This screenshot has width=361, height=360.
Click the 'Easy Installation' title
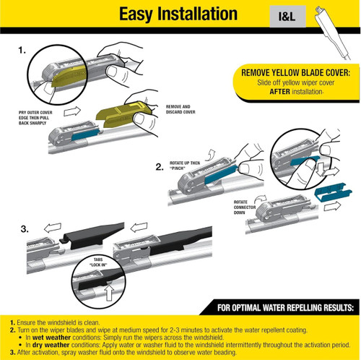(x=178, y=14)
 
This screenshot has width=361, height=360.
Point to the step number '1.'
(x=22, y=53)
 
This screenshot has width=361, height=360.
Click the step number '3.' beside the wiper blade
(x=25, y=231)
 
